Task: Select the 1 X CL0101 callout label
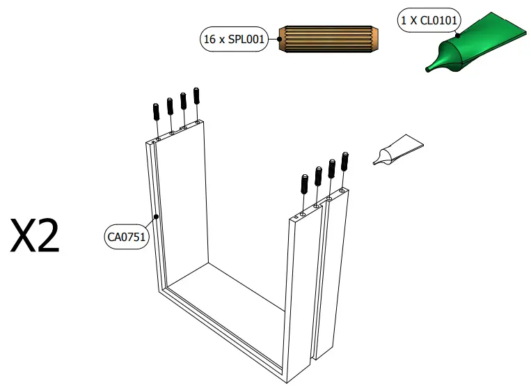pos(429,21)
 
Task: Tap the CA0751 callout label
pos(126,237)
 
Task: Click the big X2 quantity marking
pos(35,237)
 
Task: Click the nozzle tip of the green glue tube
pos(431,68)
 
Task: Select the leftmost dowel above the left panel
pos(157,111)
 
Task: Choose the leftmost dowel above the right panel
pos(304,183)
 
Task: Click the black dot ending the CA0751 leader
pos(157,217)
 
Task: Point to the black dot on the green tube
pos(457,35)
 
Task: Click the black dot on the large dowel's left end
pos(279,40)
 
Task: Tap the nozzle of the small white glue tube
pos(377,162)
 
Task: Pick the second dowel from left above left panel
pos(170,106)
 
